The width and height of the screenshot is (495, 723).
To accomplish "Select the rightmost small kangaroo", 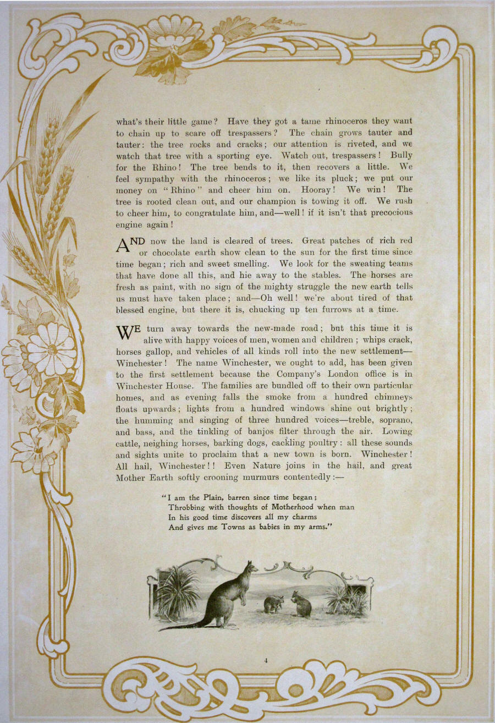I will click(x=301, y=604).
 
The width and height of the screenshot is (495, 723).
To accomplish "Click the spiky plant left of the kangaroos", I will click(x=177, y=594).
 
